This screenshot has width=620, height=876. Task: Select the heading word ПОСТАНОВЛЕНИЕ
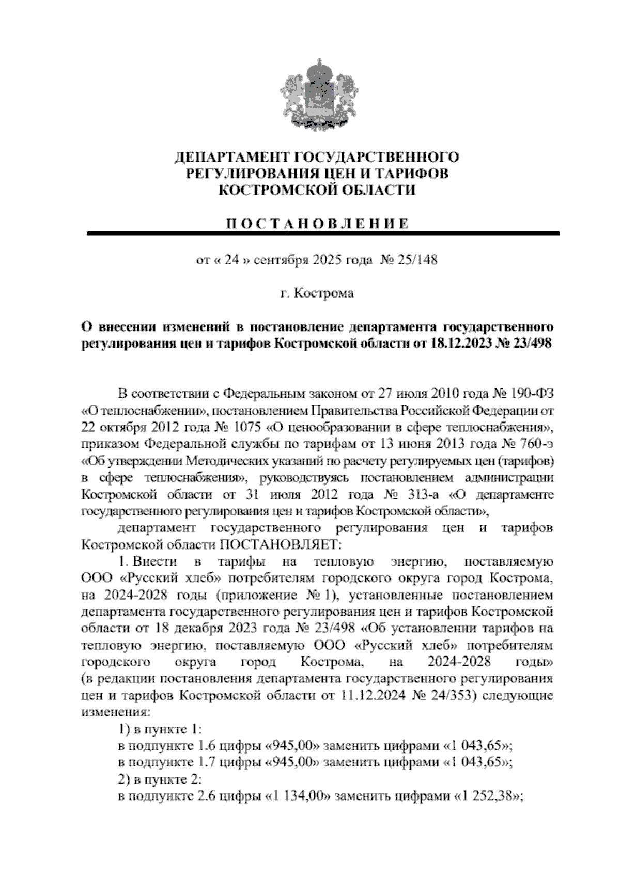point(317,223)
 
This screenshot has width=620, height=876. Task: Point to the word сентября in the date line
point(283,260)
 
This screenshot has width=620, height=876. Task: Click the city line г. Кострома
point(317,294)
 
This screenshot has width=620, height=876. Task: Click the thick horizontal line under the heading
point(323,234)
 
